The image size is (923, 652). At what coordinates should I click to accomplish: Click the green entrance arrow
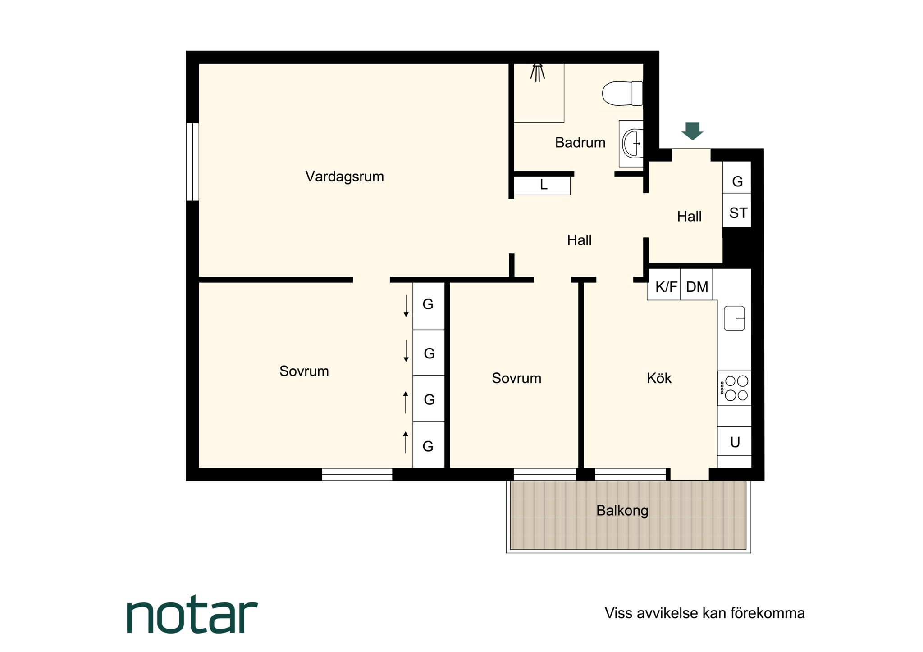pyautogui.click(x=692, y=131)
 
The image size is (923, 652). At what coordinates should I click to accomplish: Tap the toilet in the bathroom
pyautogui.click(x=622, y=93)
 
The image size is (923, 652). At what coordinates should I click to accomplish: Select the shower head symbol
pyautogui.click(x=538, y=73)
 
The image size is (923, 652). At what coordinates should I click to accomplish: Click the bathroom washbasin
pyautogui.click(x=631, y=143)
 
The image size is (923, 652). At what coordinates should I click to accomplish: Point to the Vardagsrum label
pyautogui.click(x=345, y=177)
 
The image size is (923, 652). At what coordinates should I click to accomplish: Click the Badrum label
pyautogui.click(x=580, y=143)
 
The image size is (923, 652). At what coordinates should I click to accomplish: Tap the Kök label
pyautogui.click(x=659, y=378)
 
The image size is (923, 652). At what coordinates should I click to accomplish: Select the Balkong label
pyautogui.click(x=622, y=511)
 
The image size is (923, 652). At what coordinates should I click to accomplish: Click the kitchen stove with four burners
pyautogui.click(x=734, y=388)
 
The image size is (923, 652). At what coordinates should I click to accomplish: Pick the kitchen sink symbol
pyautogui.click(x=734, y=318)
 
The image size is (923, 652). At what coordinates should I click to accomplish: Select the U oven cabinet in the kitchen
pyautogui.click(x=735, y=441)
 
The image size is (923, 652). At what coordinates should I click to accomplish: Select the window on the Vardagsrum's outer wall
pyautogui.click(x=192, y=162)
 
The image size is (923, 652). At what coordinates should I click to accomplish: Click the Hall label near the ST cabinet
pyautogui.click(x=689, y=217)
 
